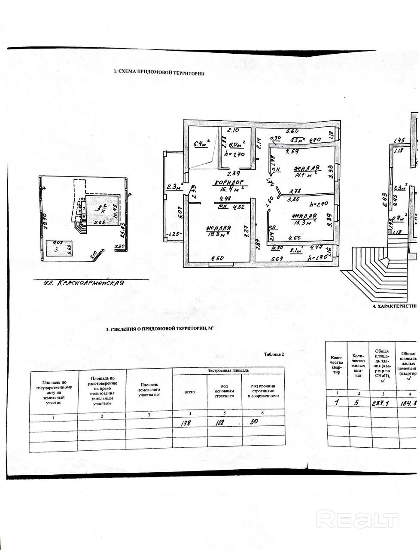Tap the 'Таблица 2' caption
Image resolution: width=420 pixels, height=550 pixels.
(273, 354)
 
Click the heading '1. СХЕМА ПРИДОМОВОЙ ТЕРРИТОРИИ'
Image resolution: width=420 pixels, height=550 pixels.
(159, 73)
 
